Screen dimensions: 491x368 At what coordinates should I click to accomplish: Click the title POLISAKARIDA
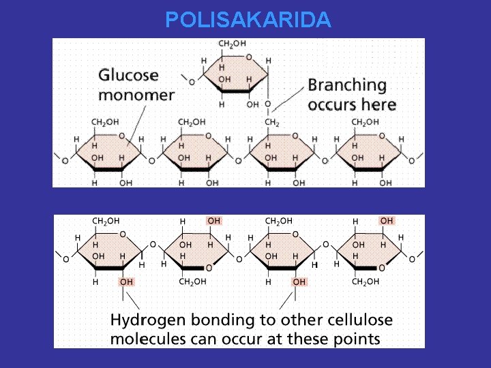tap(248, 20)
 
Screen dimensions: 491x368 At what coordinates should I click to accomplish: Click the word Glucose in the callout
tap(128, 76)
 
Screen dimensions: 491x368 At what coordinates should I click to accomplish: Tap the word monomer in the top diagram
tap(136, 95)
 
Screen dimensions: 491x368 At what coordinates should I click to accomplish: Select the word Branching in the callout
tap(347, 85)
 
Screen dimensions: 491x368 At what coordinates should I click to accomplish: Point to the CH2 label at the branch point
tap(272, 122)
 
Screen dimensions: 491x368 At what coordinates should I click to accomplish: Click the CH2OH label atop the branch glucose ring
tap(232, 44)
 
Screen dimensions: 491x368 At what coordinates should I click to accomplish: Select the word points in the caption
tap(358, 339)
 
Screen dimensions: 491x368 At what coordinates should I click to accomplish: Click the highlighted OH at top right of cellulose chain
tap(387, 221)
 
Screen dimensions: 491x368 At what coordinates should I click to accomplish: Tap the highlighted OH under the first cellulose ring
tap(126, 281)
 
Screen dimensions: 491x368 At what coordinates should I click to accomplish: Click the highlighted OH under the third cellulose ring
tap(299, 281)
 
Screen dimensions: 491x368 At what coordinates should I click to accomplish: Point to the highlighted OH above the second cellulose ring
tap(214, 221)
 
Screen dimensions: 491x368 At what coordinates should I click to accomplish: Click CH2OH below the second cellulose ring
tap(192, 281)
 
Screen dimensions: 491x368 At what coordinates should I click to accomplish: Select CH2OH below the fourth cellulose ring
tap(365, 281)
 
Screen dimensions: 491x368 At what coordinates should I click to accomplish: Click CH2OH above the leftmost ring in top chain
tap(105, 122)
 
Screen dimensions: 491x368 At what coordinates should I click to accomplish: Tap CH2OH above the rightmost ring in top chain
tap(364, 122)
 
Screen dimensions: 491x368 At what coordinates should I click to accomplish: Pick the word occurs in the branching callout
tap(332, 105)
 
